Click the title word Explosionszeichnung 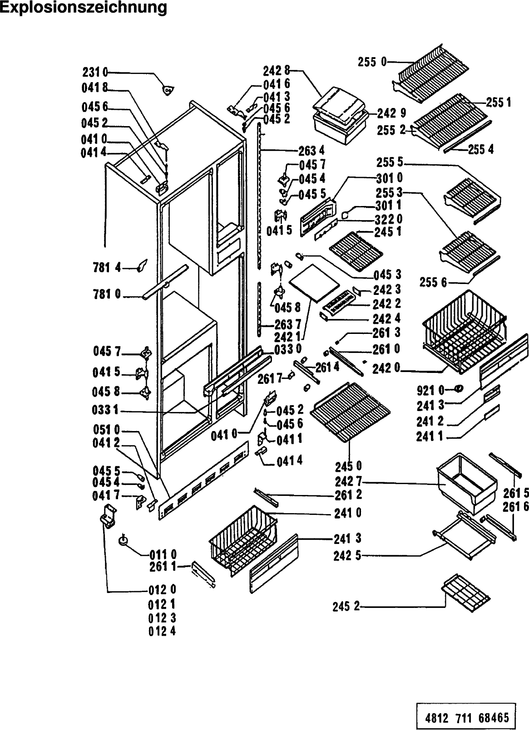[x=84, y=8]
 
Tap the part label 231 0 [x=95, y=72]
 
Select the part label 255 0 [x=372, y=62]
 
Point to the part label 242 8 [x=277, y=70]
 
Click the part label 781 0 [x=107, y=294]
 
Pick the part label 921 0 [x=430, y=390]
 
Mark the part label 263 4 [x=311, y=151]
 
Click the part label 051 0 [x=107, y=430]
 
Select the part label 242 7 [x=348, y=482]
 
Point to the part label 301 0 [x=390, y=178]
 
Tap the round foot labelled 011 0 [x=124, y=540]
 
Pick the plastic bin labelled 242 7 [x=466, y=482]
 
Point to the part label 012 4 [x=162, y=631]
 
